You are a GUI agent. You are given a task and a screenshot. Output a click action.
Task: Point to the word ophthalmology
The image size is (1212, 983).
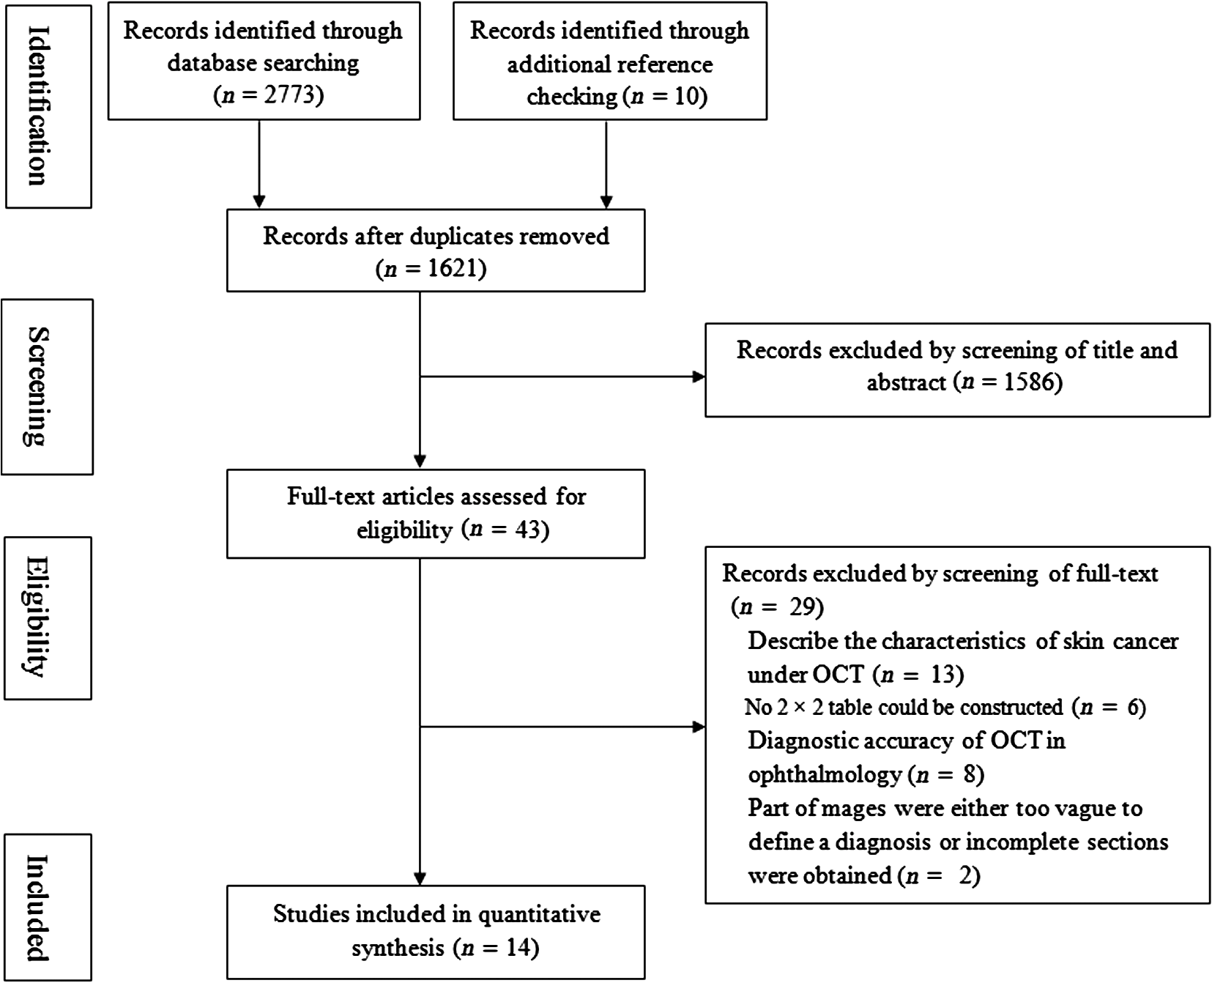click(825, 775)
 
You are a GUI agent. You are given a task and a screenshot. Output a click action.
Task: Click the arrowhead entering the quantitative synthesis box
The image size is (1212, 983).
click(420, 878)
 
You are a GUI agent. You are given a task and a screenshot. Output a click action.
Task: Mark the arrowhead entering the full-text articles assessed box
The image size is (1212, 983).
click(420, 461)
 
